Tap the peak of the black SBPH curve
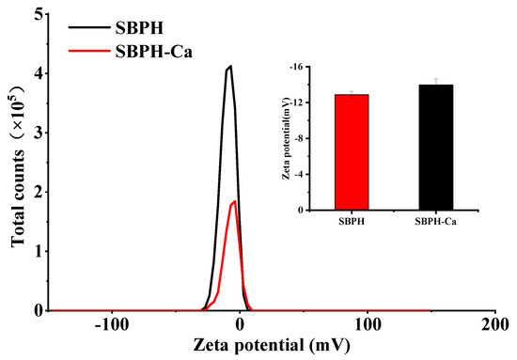point(228,67)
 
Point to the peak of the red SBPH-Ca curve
point(234,200)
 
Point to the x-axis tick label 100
point(368,324)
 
